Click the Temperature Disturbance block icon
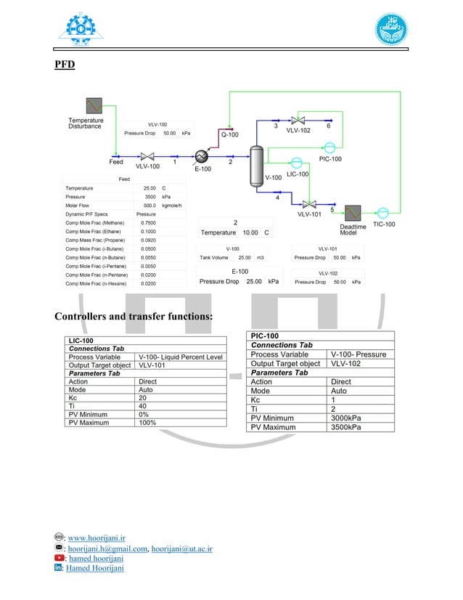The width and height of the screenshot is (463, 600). pos(94,106)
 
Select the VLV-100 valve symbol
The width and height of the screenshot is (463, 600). pos(148,156)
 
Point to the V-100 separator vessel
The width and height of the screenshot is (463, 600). pos(256,165)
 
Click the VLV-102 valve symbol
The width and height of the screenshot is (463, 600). pos(298,120)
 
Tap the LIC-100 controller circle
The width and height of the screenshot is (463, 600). pos(297,163)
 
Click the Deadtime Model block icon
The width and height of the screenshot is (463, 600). pos(353,213)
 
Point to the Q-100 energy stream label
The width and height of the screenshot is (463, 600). pos(229,134)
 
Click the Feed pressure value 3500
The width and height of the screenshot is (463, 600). pos(149,197)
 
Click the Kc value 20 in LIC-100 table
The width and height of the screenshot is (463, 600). pos(142,398)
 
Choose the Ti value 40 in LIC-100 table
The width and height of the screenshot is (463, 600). pos(142,406)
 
